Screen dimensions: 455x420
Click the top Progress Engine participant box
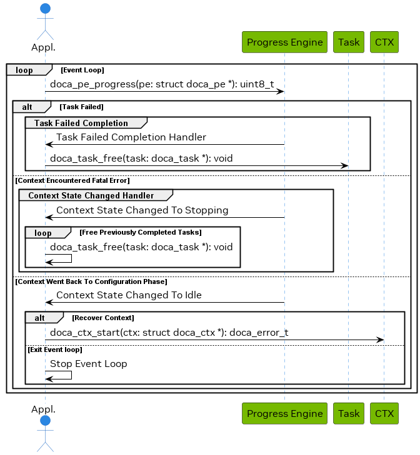coord(284,42)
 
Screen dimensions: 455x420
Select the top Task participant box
coord(349,42)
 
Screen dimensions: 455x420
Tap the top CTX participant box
coord(384,42)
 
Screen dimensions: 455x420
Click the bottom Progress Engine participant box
coord(284,413)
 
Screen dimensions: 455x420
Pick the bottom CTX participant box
coord(384,413)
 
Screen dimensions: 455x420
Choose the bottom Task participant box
coord(349,413)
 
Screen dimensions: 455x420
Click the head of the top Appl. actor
coord(45,8)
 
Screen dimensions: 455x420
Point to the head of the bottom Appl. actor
coord(45,421)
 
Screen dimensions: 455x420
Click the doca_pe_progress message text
coord(162,84)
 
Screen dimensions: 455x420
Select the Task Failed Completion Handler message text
coord(131,137)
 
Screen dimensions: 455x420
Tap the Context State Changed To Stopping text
coord(142,210)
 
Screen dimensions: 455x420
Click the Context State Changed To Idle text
coord(129,295)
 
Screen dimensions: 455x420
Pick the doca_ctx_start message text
coord(169,332)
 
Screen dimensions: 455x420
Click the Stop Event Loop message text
coord(88,364)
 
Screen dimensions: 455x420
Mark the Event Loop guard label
coord(82,71)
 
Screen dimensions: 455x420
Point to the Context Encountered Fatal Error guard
coord(72,180)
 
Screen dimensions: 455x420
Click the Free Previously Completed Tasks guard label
coord(140,233)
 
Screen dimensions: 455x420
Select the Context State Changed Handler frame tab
coord(91,196)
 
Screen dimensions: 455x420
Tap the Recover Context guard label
coord(102,318)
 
